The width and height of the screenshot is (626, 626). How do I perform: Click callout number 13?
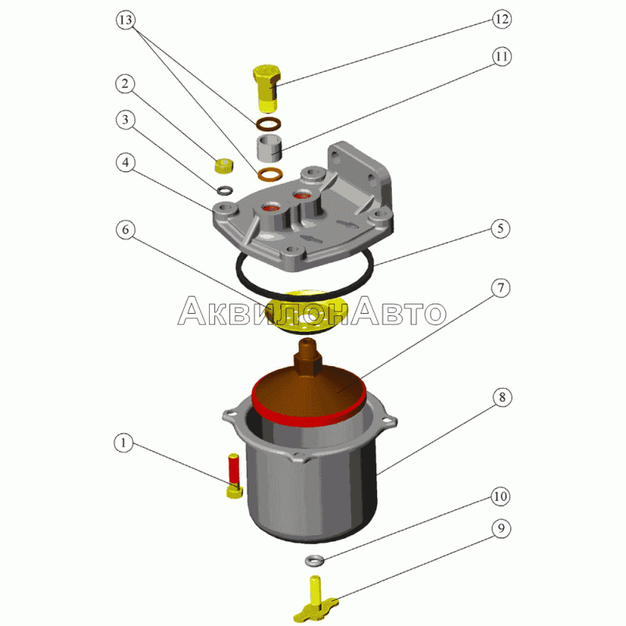click(x=125, y=20)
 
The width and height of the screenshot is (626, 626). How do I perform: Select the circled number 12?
click(x=501, y=19)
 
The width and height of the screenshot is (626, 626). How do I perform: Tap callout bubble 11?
click(x=502, y=56)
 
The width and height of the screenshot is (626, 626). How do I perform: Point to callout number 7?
click(x=501, y=288)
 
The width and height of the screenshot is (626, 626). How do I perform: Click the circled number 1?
click(x=124, y=443)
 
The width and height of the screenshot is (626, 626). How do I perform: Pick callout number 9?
click(x=501, y=528)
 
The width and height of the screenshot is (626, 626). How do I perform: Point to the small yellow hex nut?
click(x=224, y=165)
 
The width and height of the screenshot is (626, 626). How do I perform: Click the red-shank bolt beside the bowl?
click(x=234, y=476)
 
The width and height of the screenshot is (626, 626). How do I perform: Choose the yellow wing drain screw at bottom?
click(x=316, y=599)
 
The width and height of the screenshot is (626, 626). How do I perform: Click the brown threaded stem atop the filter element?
click(x=308, y=358)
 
